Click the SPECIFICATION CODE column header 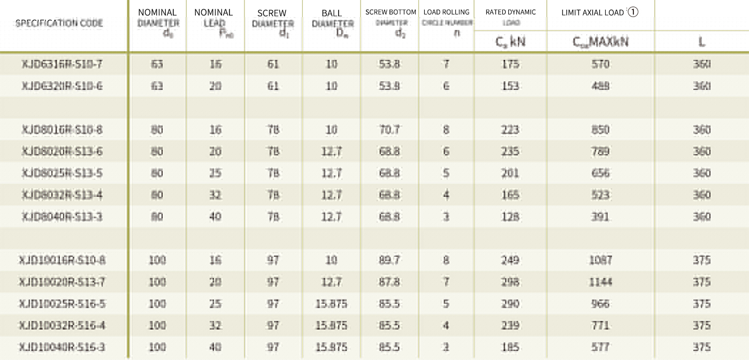(59, 23)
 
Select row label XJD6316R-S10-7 (62, 64)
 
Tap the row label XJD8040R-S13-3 (62, 217)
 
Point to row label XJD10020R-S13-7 (62, 282)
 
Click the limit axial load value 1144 (600, 282)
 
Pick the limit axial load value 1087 (600, 260)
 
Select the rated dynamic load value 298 (510, 282)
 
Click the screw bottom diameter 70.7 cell (389, 129)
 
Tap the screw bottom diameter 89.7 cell (389, 260)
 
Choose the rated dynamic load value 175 (510, 64)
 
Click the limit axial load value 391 (600, 217)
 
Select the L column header (701, 42)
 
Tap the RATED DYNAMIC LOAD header (510, 16)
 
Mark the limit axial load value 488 (600, 86)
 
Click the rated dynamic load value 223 (510, 129)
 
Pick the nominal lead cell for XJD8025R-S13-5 (215, 173)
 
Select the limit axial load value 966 (600, 304)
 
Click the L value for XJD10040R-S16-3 (701, 347)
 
